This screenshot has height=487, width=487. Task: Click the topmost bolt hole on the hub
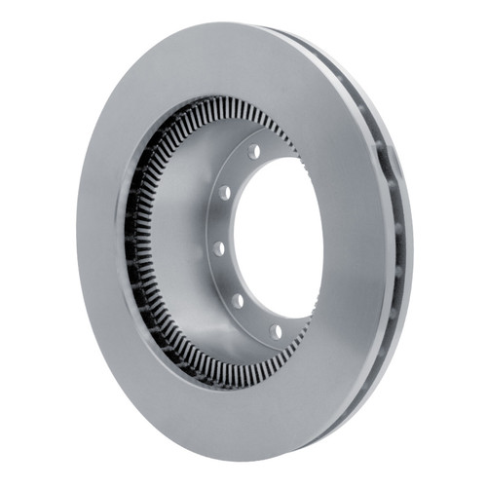coord(254,152)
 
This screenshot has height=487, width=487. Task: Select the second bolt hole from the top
coord(226,192)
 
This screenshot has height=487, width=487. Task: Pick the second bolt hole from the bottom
coord(237,300)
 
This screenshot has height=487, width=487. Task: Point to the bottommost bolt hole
coord(276,332)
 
